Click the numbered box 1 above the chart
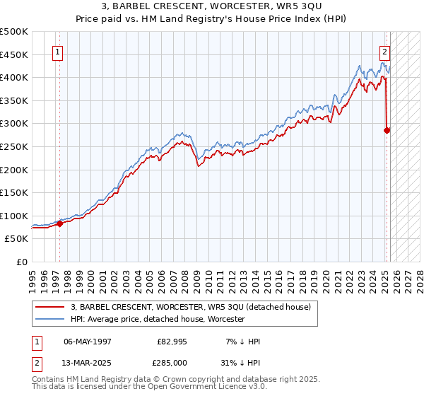coord(57,51)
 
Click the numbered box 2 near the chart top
coord(385,51)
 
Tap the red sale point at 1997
coord(59,223)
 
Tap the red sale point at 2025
coord(387,130)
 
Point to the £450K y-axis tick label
coord(14,54)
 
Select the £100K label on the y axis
coord(14,216)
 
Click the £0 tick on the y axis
coord(23,262)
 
